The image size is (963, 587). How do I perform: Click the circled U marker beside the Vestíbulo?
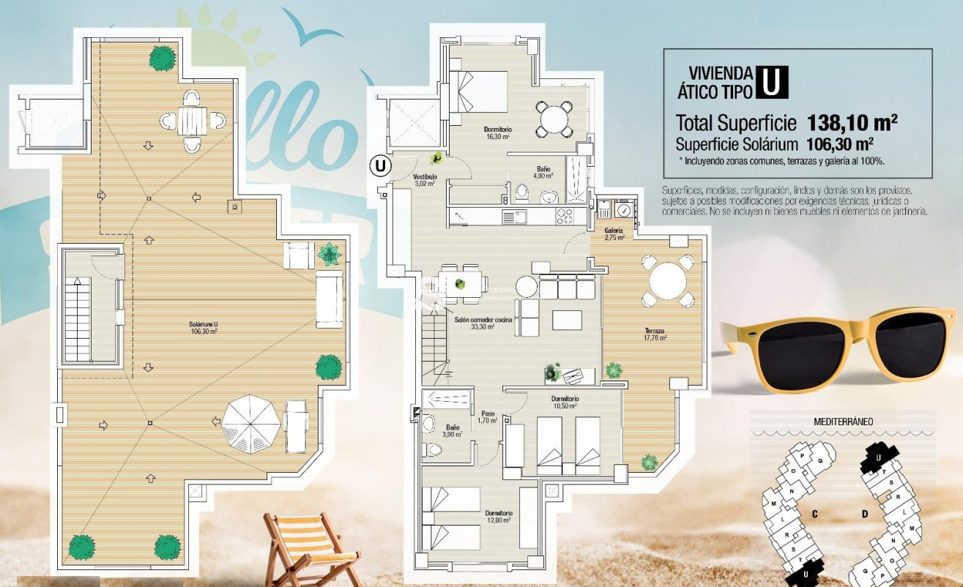tap(379, 165)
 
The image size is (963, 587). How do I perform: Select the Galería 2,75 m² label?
tap(614, 233)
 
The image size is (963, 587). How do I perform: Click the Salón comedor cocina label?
tap(483, 324)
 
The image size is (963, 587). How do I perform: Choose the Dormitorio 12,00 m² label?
tap(498, 516)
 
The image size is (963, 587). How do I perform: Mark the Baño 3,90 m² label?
tap(453, 430)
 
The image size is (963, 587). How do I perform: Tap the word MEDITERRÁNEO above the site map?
tap(843, 422)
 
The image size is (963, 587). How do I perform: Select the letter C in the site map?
tap(814, 515)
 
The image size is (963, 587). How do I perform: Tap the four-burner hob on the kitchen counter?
tap(565, 216)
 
